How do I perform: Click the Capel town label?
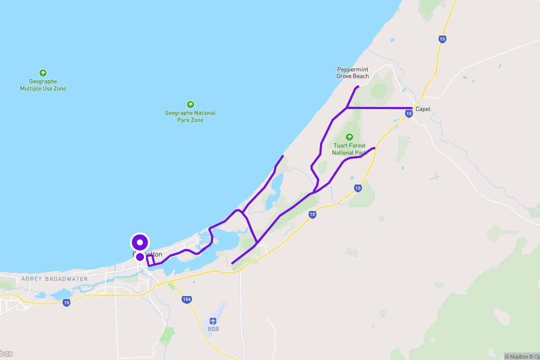click(x=422, y=109)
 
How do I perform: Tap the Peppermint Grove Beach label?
click(x=352, y=73)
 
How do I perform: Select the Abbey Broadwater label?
click(x=54, y=279)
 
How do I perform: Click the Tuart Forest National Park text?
click(x=349, y=149)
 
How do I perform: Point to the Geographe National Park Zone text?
click(x=190, y=116)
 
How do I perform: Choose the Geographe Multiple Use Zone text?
click(x=43, y=85)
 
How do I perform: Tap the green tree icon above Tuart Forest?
click(x=349, y=137)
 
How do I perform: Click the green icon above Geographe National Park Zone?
click(x=190, y=104)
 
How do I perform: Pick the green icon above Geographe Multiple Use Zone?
click(x=43, y=73)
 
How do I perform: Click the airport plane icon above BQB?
click(x=213, y=320)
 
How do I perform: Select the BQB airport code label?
click(x=213, y=329)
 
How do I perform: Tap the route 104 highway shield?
click(x=186, y=299)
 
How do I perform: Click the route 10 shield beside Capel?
click(x=409, y=114)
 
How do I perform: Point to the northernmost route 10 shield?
click(x=442, y=38)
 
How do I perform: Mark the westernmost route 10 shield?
click(x=66, y=302)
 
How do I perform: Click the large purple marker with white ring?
click(x=140, y=242)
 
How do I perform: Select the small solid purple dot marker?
click(x=140, y=257)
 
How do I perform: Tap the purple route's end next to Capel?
click(x=412, y=108)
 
